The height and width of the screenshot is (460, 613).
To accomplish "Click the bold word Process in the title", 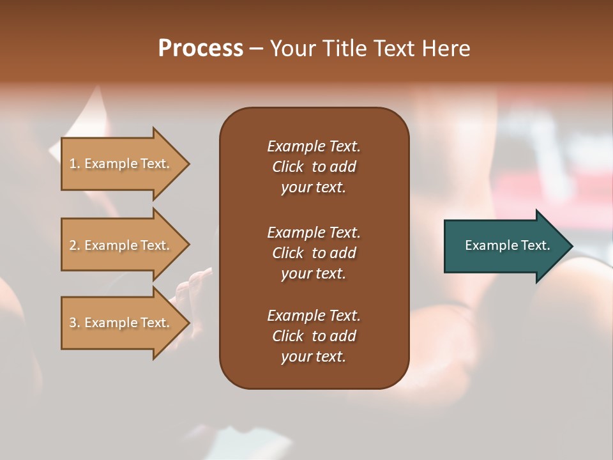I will click(201, 49).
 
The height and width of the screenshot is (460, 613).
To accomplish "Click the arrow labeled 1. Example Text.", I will click(121, 164).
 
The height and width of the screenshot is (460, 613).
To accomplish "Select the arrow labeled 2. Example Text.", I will click(121, 245).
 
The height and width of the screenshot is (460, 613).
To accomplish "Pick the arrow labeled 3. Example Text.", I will click(121, 323).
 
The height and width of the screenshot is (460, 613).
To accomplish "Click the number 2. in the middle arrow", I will click(75, 245).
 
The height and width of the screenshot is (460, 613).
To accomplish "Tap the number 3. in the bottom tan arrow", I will click(75, 323).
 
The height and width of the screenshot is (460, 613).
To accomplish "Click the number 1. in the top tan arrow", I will click(75, 164).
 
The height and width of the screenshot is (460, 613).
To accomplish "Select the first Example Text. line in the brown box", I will click(314, 146).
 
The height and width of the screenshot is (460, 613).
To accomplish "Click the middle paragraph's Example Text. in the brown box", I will click(314, 233).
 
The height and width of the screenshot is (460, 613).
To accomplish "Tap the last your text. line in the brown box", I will click(314, 357).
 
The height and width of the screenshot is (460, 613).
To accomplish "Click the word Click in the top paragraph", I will click(287, 167).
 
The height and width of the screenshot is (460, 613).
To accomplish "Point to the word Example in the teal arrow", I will click(488, 245).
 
